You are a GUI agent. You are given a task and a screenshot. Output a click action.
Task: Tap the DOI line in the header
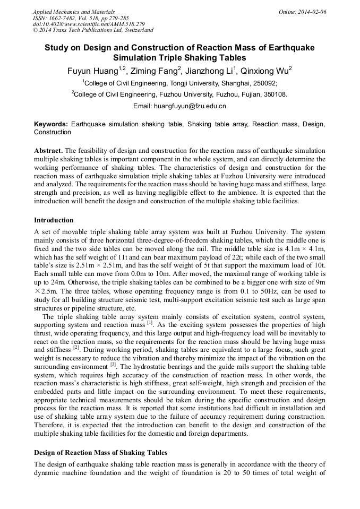(81, 24)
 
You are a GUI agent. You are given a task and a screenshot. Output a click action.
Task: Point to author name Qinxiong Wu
(264, 71)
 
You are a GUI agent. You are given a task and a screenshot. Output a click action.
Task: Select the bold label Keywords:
(51, 124)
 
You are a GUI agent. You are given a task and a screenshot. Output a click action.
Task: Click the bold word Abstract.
(48, 151)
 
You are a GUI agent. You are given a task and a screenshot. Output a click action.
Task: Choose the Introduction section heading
(54, 220)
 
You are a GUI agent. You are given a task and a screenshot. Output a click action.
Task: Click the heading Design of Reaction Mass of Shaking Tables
(100, 453)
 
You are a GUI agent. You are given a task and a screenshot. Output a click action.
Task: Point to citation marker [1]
(150, 322)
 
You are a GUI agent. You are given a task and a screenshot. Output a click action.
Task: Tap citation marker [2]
(76, 348)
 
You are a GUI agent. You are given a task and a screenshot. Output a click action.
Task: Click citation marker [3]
(113, 365)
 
